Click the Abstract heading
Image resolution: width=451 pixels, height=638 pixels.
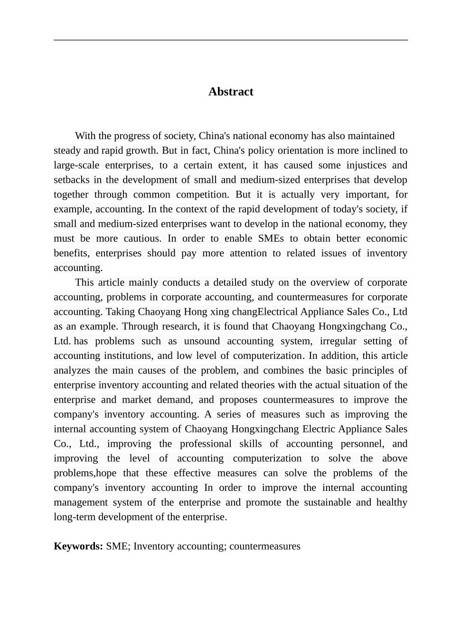tap(231, 92)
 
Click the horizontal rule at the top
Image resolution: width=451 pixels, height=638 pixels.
tap(231, 40)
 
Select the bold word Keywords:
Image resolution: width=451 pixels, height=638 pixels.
tap(78, 546)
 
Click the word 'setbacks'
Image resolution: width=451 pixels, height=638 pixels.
tap(71, 180)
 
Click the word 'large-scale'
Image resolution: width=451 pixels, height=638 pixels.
tap(76, 165)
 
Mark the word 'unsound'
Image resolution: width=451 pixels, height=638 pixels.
tap(201, 341)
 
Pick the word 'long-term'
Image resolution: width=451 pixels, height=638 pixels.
tap(75, 517)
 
